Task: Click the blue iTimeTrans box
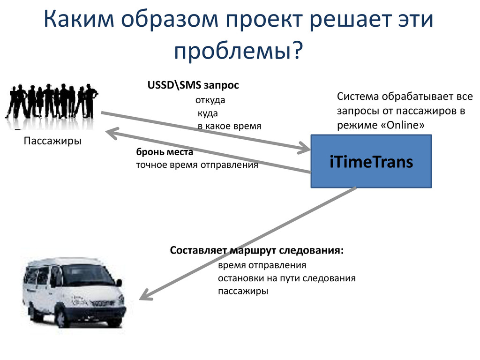371,161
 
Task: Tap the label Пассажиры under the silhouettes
52,141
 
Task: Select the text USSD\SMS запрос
194,85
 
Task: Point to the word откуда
210,100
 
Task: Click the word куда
208,113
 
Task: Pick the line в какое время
229,126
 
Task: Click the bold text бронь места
165,152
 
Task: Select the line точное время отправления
197,165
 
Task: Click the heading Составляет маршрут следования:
256,250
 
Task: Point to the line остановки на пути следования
286,278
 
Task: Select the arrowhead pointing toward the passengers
112,133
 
